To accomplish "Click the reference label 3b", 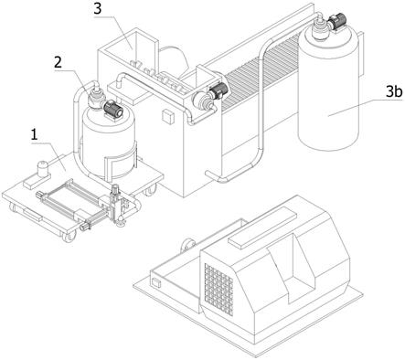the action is tap(394, 91).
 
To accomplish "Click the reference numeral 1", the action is tap(35, 134).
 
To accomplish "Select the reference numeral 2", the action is tap(58, 62).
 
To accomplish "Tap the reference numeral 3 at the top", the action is tap(97, 9).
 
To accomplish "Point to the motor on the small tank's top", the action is tap(113, 109).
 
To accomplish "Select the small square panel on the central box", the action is tap(168, 116).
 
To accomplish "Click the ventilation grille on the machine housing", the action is tap(218, 290).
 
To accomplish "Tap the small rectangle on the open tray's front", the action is tap(156, 282).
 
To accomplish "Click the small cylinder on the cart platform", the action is tap(43, 168).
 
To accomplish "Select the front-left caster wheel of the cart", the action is tap(69, 237).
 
